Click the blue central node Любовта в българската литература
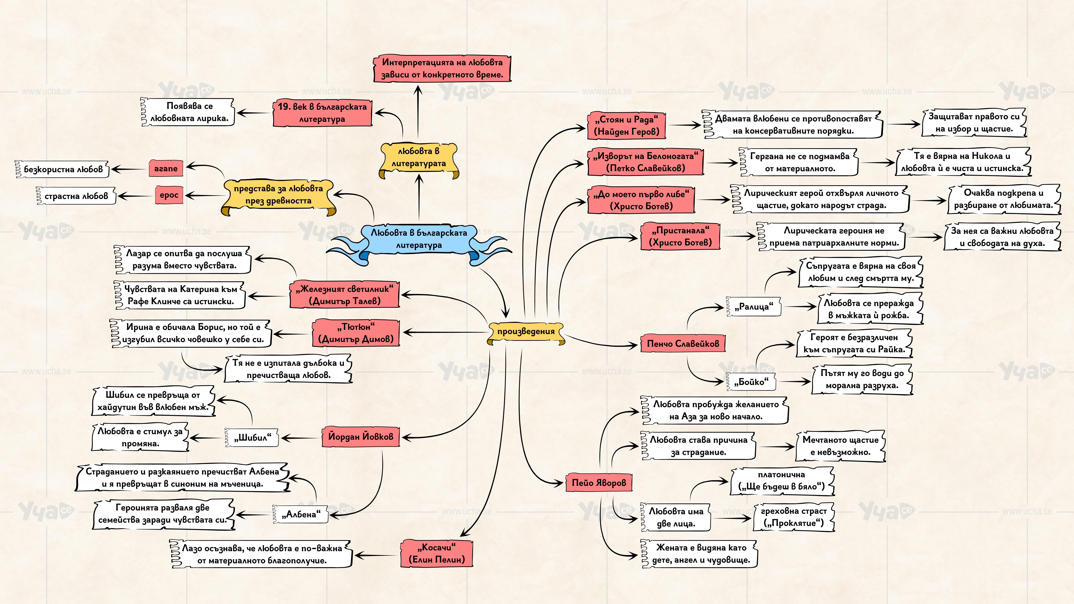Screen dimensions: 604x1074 (x=419, y=239)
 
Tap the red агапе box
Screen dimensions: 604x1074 (x=165, y=168)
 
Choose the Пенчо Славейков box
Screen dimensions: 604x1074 (x=682, y=344)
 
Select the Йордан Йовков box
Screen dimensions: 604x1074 (x=360, y=436)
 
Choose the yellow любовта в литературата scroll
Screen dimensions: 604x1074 (x=419, y=158)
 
